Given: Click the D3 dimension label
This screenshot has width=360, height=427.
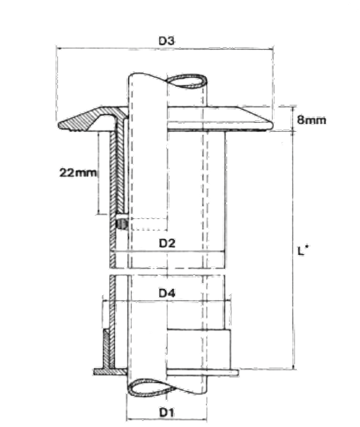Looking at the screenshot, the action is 167,41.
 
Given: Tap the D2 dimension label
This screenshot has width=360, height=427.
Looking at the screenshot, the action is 167,243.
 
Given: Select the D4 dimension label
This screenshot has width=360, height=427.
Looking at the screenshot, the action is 167,293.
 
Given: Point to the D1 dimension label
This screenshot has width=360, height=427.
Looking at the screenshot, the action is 167,412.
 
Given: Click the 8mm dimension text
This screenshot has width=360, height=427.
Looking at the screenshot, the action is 311,120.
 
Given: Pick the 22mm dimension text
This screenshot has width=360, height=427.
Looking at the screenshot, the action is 78,172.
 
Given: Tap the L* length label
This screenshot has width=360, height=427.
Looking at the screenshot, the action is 302,251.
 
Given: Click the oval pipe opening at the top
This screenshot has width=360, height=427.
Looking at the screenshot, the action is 186,81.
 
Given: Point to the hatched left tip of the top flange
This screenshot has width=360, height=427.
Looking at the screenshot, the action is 61,125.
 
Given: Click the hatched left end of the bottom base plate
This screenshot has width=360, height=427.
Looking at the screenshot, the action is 98,371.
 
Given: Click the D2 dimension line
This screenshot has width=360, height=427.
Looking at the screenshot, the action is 168,251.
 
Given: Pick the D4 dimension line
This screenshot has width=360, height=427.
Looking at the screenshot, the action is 167,301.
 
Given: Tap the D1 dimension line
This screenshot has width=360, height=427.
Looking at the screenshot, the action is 167,419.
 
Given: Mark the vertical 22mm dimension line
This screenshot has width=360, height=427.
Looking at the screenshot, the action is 99,172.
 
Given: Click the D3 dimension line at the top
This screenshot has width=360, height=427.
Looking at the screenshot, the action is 165,49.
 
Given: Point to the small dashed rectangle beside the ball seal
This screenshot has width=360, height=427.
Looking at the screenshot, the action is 149,224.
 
